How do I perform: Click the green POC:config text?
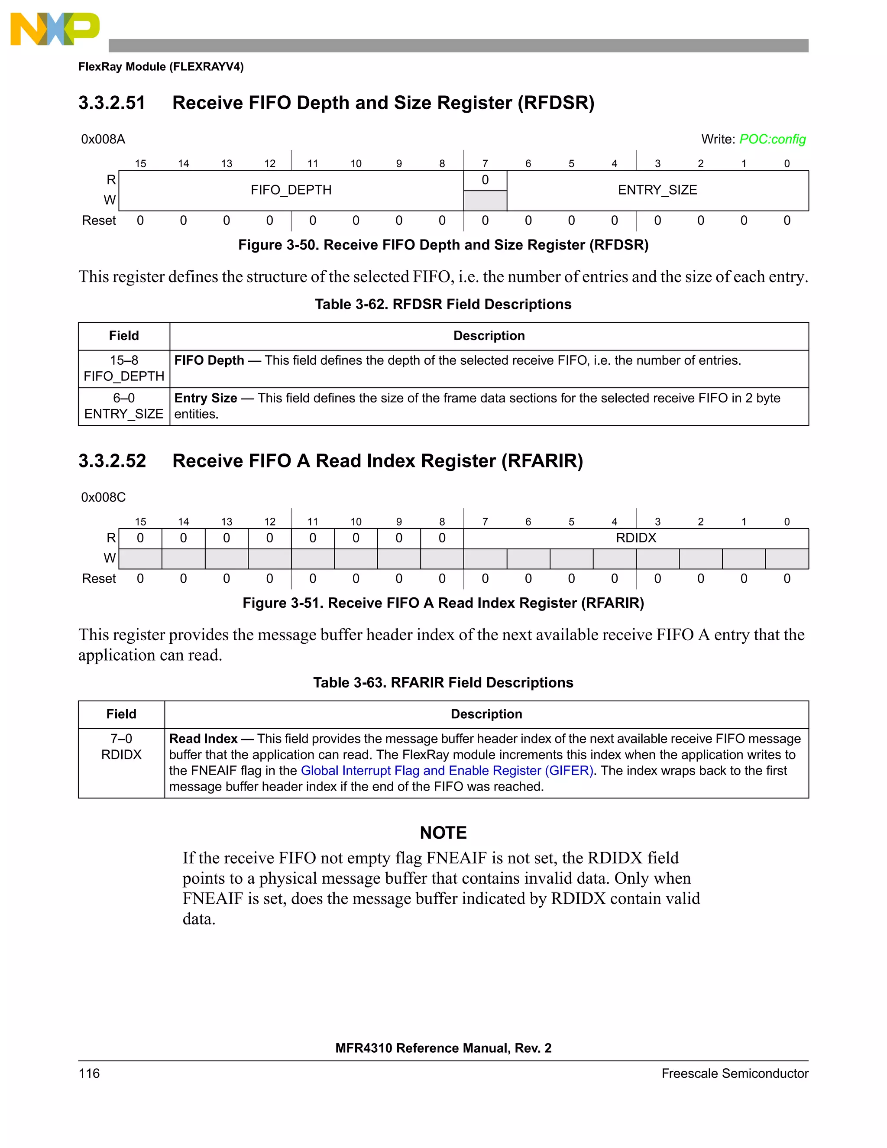(772, 139)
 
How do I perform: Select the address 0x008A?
(103, 139)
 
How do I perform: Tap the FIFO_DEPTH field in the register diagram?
(291, 190)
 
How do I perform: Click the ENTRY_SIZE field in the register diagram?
(657, 190)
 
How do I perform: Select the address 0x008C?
(104, 497)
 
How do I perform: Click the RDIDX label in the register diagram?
(636, 538)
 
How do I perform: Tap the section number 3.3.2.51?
(112, 103)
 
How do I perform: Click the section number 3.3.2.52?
(112, 461)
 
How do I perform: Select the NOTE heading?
(443, 833)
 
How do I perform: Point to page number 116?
(89, 1073)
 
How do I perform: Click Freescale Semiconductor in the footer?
(735, 1073)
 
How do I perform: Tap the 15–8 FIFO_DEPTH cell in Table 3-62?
(124, 369)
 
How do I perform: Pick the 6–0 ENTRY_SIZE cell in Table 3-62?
(124, 406)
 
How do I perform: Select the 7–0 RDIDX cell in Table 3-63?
(121, 747)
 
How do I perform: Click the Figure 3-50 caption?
(443, 245)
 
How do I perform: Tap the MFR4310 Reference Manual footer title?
(443, 1048)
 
